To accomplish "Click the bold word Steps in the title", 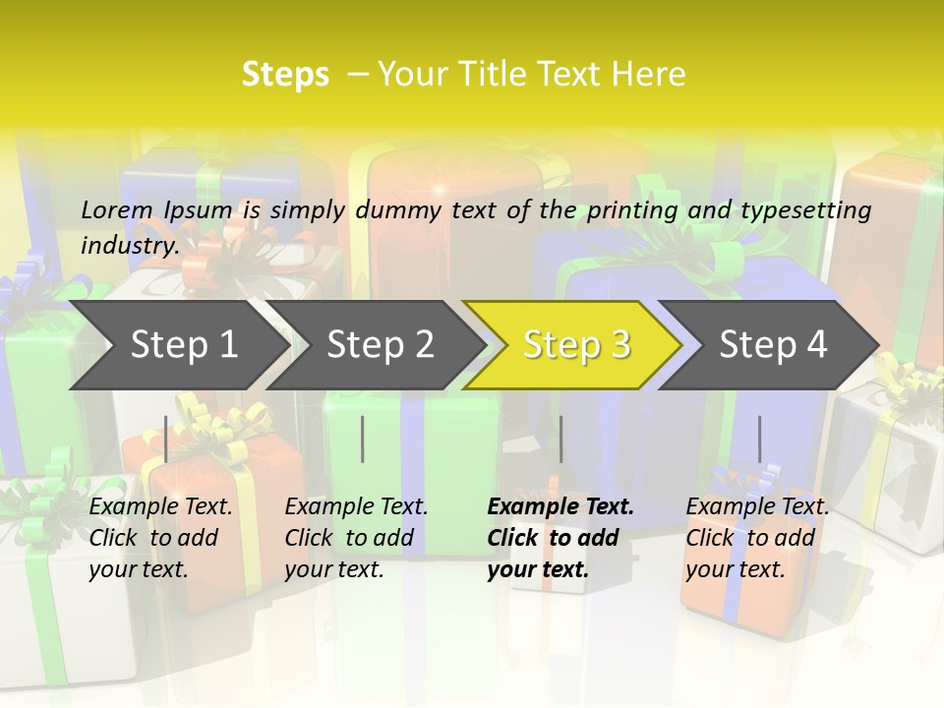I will point(285,75).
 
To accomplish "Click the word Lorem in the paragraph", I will point(116,209).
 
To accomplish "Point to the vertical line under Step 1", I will point(166,439).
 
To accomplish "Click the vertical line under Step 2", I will point(363,439).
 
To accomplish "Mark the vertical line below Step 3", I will point(561,439).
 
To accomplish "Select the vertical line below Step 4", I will point(759,439).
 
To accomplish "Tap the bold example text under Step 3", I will point(560,538).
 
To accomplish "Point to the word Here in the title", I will point(648,75).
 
